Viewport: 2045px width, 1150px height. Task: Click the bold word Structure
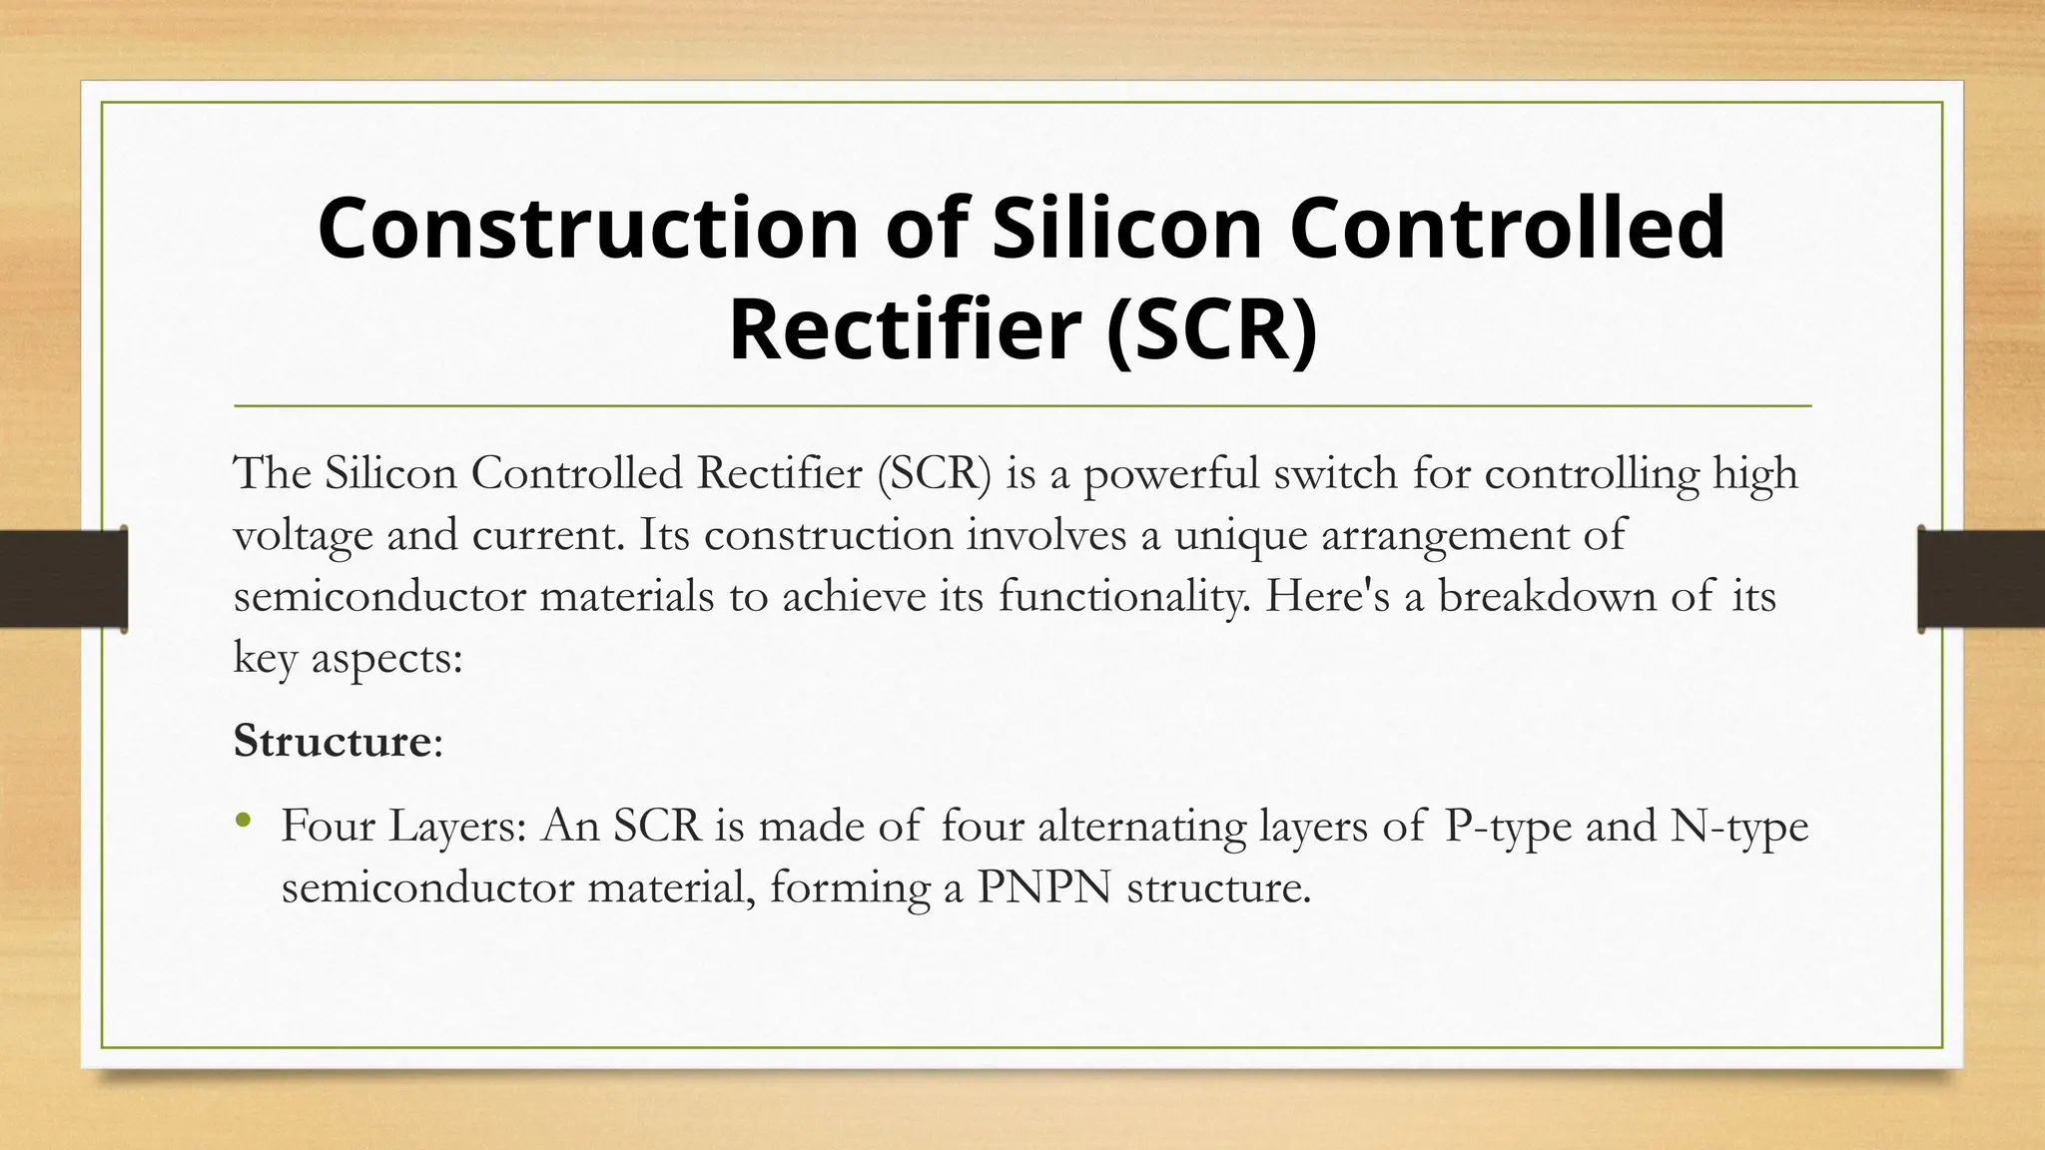[332, 741]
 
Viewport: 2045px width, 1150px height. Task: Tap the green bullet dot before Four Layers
[243, 823]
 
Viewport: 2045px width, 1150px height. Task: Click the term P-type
[1508, 827]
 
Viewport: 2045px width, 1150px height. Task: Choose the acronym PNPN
[1043, 887]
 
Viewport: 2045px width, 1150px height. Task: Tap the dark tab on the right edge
[1981, 579]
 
